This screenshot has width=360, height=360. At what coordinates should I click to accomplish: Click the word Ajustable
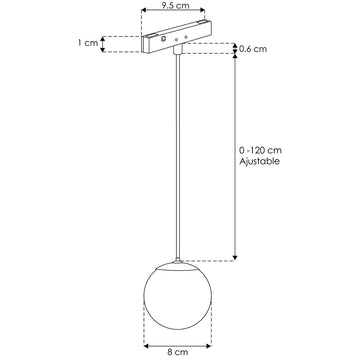click(x=261, y=163)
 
